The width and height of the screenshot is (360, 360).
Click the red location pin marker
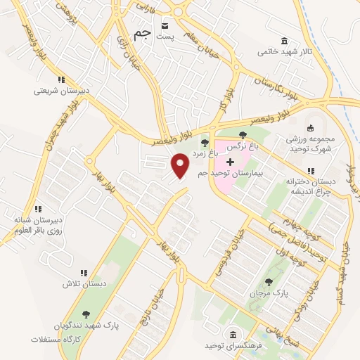181,166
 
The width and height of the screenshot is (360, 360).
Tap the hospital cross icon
230,162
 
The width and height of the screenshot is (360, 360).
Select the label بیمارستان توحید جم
237,174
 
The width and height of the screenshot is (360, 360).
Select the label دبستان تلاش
84,283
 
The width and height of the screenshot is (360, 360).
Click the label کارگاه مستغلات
56,340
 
